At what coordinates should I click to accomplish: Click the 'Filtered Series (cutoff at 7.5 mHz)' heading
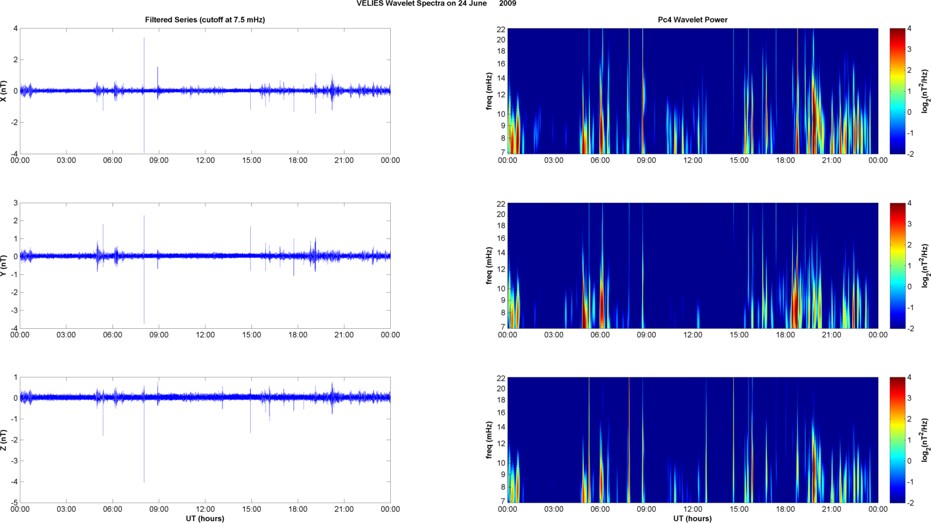205,20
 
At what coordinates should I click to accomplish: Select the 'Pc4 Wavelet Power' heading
693,20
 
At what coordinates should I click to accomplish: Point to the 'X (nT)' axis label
4,91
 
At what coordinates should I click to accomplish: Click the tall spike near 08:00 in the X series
144,61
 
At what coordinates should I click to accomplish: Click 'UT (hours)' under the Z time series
205,519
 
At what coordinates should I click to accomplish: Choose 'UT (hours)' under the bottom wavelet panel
693,519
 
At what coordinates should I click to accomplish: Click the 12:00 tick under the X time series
205,160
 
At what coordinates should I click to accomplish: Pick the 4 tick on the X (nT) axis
15,28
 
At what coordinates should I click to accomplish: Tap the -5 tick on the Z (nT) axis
14,503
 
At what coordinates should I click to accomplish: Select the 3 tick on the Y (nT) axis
15,203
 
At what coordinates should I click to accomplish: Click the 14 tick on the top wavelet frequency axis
501,78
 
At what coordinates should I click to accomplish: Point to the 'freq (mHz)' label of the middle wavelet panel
489,265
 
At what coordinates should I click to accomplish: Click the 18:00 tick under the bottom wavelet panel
785,509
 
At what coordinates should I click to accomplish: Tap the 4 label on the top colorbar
909,29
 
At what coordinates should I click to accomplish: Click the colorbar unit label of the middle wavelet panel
924,265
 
